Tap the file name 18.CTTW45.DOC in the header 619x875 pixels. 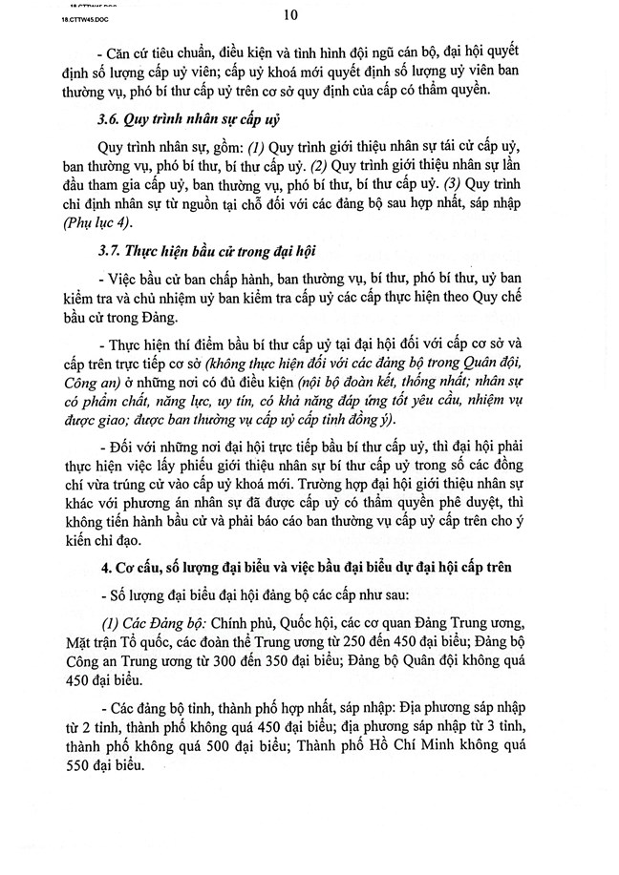pyautogui.click(x=43, y=17)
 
